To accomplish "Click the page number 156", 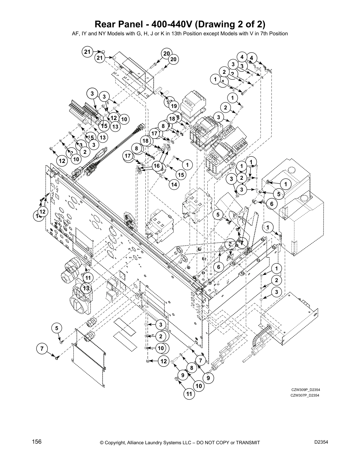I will (37, 442).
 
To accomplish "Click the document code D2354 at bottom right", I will (321, 442).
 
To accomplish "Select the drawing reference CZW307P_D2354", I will (305, 395).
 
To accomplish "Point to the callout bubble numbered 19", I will (173, 106).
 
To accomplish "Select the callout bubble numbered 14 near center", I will (174, 184).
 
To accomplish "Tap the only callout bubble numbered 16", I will (157, 166).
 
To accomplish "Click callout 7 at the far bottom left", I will (42, 349).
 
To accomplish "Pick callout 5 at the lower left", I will (57, 328).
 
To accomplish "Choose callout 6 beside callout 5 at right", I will (271, 204).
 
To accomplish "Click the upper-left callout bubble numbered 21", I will (87, 52).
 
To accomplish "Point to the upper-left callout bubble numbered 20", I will (166, 54).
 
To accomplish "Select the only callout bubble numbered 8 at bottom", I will (191, 368).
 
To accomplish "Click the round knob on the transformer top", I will (291, 170).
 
